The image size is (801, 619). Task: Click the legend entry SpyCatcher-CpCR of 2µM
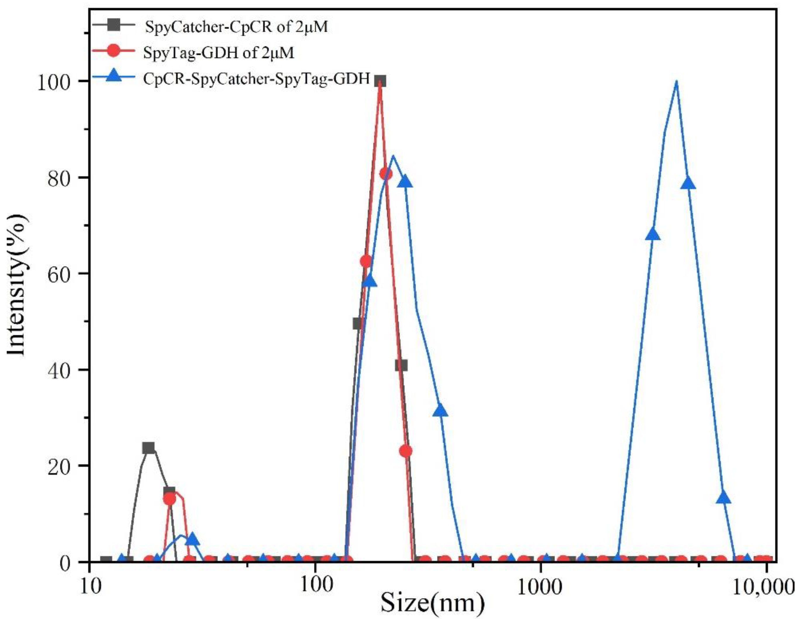236,27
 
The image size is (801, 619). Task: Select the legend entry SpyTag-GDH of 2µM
218,53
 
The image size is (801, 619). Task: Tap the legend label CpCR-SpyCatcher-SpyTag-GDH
256,79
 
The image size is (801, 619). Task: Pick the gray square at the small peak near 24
149,448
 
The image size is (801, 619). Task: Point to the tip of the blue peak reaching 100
676,81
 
